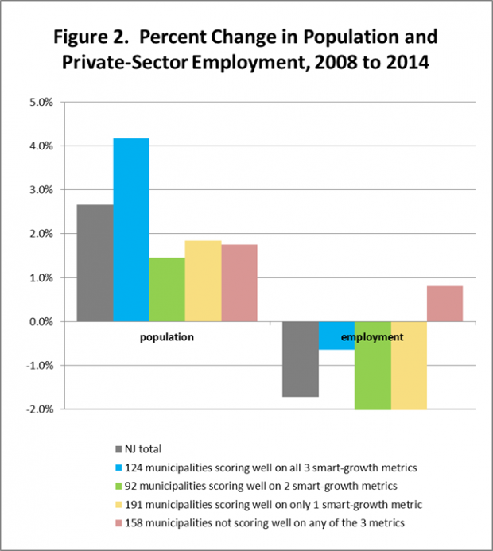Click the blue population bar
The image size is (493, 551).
point(130,230)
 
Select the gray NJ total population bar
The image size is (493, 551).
point(95,263)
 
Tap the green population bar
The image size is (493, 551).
point(166,289)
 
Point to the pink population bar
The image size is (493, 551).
point(239,283)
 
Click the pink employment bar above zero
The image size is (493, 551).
point(444,304)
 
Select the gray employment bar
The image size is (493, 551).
point(301,359)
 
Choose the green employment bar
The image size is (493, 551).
point(373,365)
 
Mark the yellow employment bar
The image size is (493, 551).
point(409,365)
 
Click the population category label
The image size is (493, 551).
point(167,337)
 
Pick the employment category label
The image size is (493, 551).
point(372,337)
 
